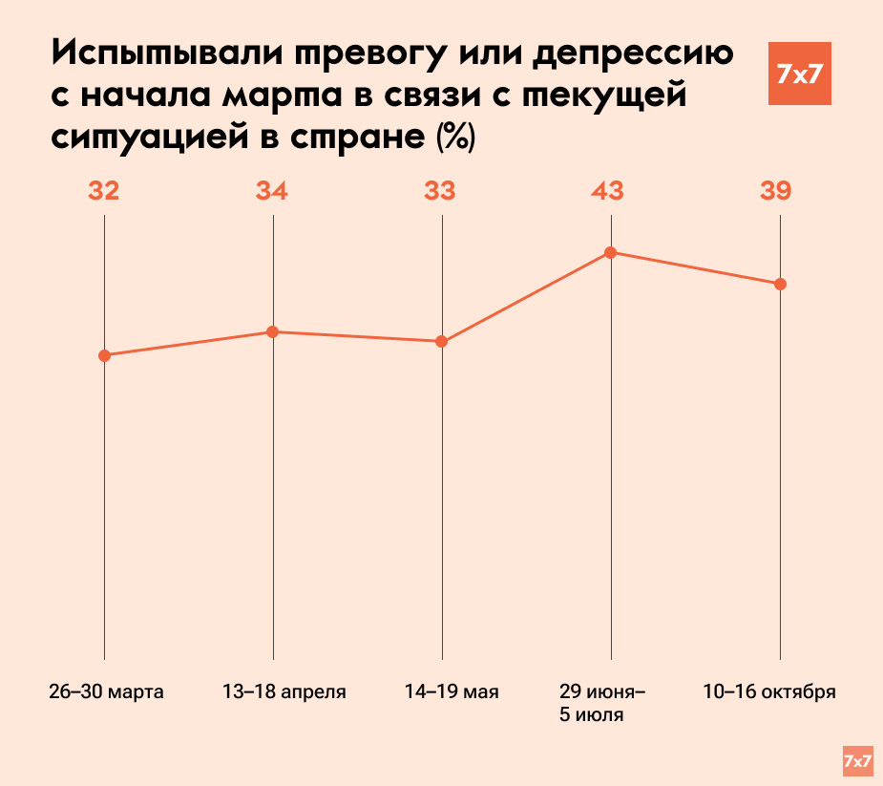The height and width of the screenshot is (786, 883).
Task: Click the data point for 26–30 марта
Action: (x=104, y=355)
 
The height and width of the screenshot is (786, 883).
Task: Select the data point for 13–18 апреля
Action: (x=273, y=331)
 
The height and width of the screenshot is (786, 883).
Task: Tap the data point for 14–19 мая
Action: (x=442, y=341)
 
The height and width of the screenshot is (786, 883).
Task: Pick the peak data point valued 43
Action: (x=611, y=252)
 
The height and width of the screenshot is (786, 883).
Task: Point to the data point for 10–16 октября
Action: (x=780, y=284)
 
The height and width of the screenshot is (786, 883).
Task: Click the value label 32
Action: (x=104, y=191)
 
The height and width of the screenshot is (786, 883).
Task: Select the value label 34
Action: (x=272, y=191)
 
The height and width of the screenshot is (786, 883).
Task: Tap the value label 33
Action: (x=440, y=191)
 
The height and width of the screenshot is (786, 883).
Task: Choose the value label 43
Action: (x=608, y=191)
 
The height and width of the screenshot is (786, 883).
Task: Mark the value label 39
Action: (x=776, y=191)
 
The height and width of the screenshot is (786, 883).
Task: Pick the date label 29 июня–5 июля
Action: (x=602, y=703)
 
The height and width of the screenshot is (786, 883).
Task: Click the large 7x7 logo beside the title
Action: (x=799, y=74)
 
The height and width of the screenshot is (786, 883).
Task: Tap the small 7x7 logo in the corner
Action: (x=857, y=760)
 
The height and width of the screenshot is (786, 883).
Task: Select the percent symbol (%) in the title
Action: (x=454, y=137)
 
